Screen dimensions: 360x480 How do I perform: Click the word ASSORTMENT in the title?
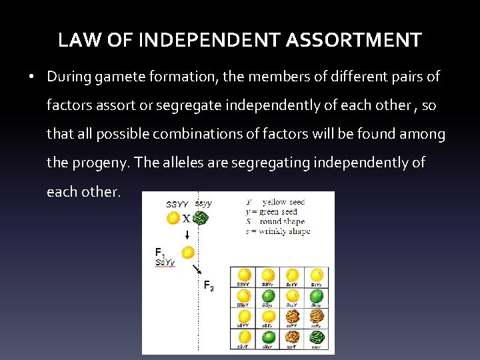pos(353,41)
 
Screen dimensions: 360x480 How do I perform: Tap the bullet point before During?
pos(32,77)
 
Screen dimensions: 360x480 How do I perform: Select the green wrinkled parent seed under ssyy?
pos(201,217)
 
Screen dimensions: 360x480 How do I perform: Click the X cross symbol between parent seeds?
pos(187,218)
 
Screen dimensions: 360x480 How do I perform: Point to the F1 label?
pos(160,253)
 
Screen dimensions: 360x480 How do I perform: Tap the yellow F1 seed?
pos(188,253)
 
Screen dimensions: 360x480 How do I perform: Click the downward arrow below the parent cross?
pos(187,234)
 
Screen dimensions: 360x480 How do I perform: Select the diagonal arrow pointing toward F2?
pos(197,269)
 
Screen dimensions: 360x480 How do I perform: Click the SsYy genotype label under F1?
pos(164,263)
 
